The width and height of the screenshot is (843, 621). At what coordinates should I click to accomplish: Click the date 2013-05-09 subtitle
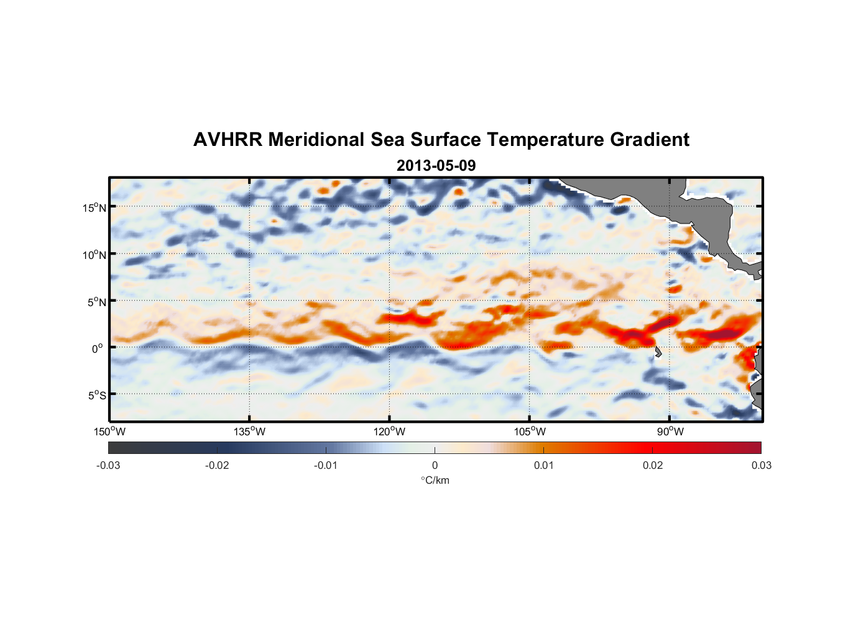(436, 166)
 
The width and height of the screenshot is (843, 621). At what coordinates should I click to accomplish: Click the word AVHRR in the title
(228, 140)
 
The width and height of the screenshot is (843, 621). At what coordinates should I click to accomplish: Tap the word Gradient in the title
(649, 140)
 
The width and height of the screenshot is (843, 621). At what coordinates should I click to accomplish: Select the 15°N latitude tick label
(94, 207)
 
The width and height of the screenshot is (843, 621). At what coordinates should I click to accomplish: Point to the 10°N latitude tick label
(94, 255)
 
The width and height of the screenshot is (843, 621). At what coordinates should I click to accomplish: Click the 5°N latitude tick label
(96, 302)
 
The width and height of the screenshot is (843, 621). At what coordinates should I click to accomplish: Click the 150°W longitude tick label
(110, 432)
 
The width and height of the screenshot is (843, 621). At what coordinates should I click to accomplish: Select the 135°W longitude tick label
(250, 432)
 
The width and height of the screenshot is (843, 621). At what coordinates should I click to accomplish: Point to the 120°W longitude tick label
(390, 432)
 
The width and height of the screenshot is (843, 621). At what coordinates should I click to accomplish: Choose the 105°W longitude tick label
(530, 432)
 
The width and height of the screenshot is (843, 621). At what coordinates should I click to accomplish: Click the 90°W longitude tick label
(670, 432)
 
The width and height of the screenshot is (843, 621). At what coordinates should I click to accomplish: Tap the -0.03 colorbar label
(108, 465)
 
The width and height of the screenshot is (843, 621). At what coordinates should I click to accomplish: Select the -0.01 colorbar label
(326, 465)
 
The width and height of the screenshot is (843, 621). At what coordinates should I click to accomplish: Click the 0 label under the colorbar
(435, 465)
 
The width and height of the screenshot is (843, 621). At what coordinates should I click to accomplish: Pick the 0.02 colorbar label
(653, 465)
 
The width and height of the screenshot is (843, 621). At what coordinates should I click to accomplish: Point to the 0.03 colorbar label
(761, 465)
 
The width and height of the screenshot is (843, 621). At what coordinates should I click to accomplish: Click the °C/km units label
(435, 480)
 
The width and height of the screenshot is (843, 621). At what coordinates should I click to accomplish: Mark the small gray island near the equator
(658, 352)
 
